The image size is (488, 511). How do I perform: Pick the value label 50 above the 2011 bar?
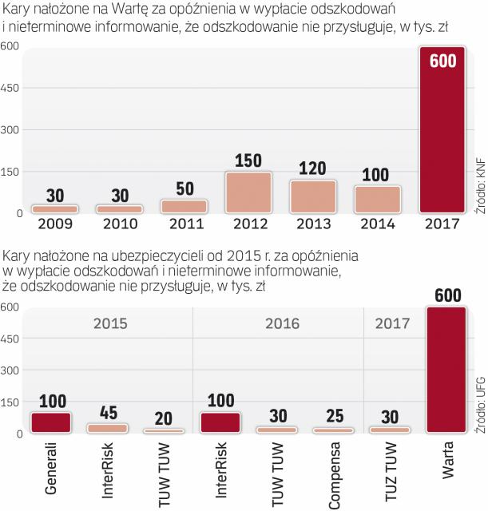coord(185,188)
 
